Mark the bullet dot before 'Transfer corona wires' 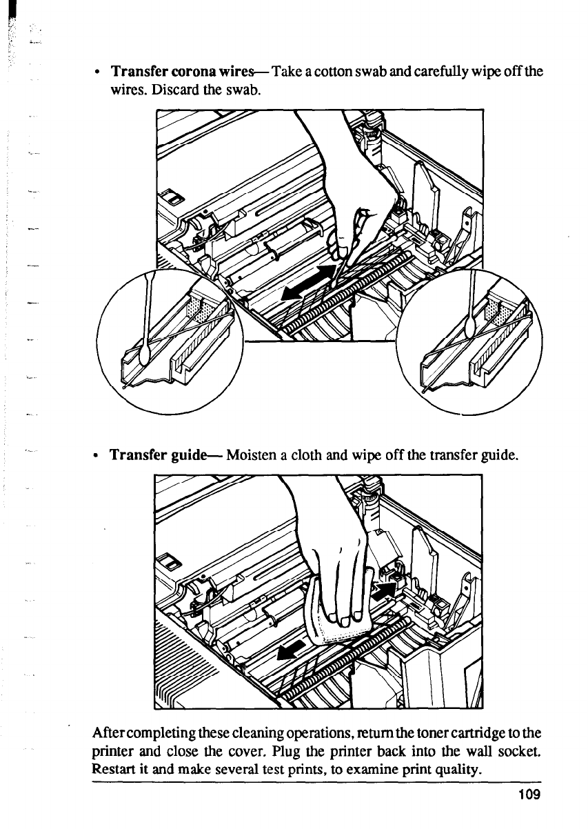[100, 72]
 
